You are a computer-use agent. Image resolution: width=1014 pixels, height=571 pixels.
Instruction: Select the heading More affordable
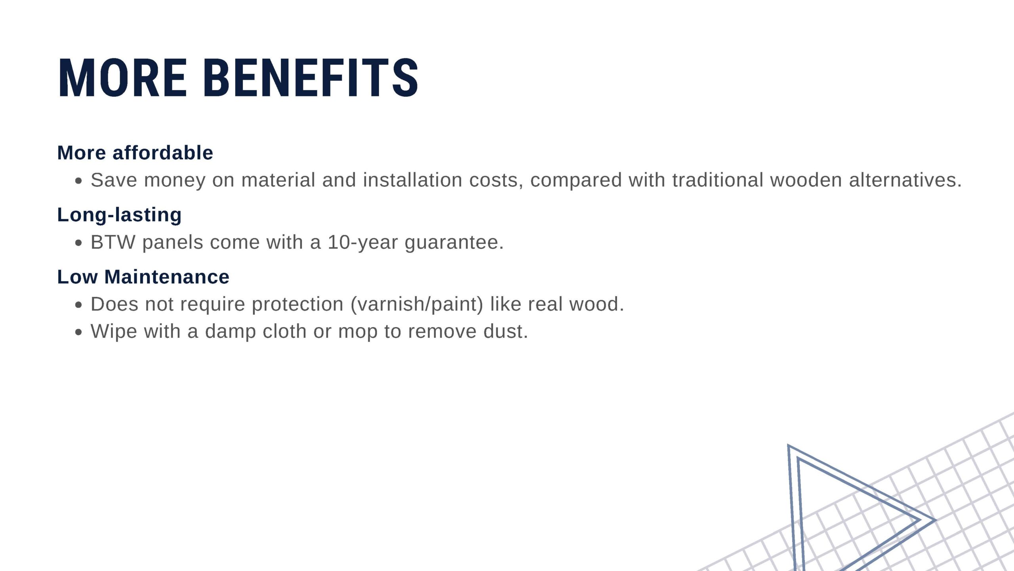point(135,153)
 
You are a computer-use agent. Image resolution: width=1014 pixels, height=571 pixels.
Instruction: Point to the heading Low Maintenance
point(143,277)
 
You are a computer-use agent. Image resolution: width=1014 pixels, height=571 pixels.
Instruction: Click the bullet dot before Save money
point(78,181)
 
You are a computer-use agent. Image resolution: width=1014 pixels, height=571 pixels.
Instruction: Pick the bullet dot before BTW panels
point(78,243)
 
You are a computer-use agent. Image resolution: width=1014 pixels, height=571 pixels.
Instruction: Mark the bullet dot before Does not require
point(78,305)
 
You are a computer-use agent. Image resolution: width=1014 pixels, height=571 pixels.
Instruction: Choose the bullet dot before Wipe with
point(78,332)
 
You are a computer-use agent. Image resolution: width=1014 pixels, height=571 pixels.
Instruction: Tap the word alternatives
point(905,180)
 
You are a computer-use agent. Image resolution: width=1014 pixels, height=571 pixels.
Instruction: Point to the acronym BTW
point(113,242)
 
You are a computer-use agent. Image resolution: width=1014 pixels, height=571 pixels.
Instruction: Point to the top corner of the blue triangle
point(788,445)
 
